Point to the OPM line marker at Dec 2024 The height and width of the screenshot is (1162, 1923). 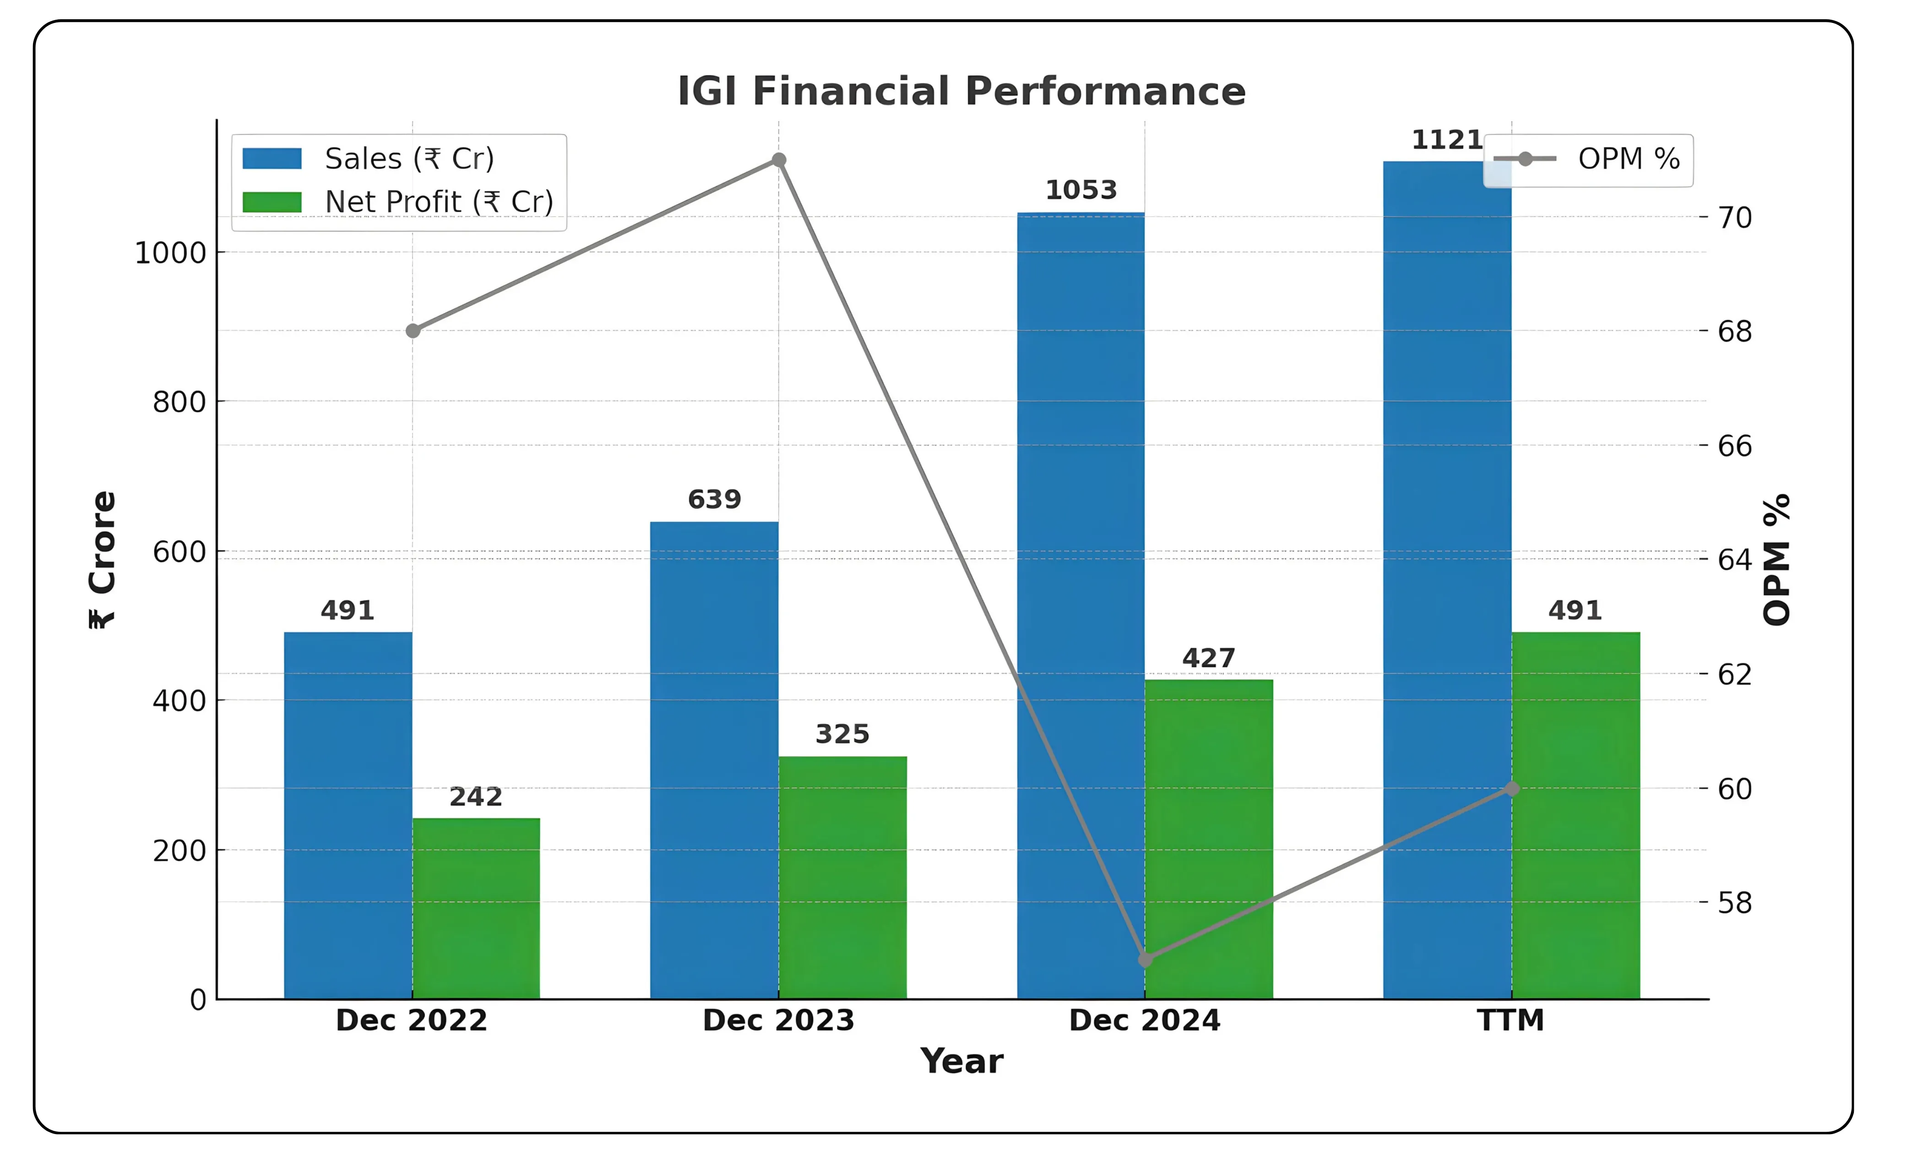[1145, 959]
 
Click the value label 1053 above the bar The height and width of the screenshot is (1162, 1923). [1081, 190]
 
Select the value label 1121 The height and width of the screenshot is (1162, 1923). [1446, 140]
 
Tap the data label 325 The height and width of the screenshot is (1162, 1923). [842, 734]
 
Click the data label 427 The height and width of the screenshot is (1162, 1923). [1208, 658]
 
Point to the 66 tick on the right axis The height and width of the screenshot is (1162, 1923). [1734, 446]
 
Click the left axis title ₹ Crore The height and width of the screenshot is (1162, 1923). [102, 559]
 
